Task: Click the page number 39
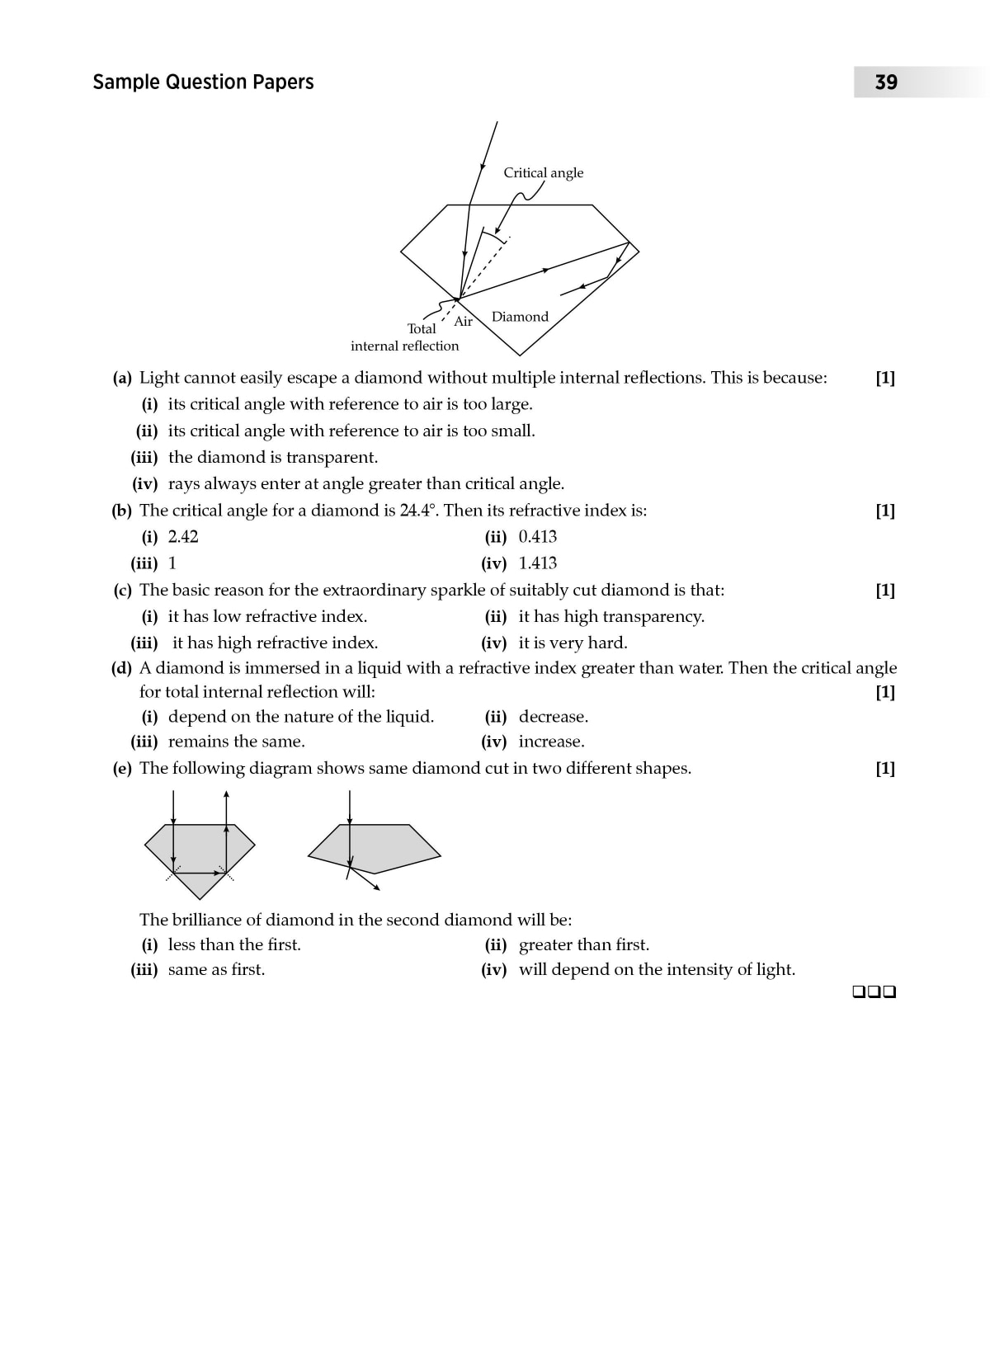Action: coord(886,82)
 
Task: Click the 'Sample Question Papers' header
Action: coord(203,82)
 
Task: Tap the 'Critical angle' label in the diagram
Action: coord(543,172)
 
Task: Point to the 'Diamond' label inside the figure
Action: coord(520,317)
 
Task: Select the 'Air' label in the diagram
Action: coord(464,321)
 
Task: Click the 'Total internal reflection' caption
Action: coord(406,337)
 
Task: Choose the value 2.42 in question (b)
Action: coord(183,537)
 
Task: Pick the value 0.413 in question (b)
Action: coord(537,537)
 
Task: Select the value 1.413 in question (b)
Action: coord(537,563)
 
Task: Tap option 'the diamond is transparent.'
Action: coord(272,458)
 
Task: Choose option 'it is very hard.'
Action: coord(573,643)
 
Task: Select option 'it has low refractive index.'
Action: coord(267,616)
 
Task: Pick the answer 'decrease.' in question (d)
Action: coord(553,717)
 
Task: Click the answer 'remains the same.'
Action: coord(236,742)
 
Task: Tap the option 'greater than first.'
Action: coord(583,944)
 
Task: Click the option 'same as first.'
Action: coord(216,969)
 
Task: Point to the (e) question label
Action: coord(122,769)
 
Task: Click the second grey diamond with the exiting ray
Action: coord(375,847)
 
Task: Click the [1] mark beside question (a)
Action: coord(885,378)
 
